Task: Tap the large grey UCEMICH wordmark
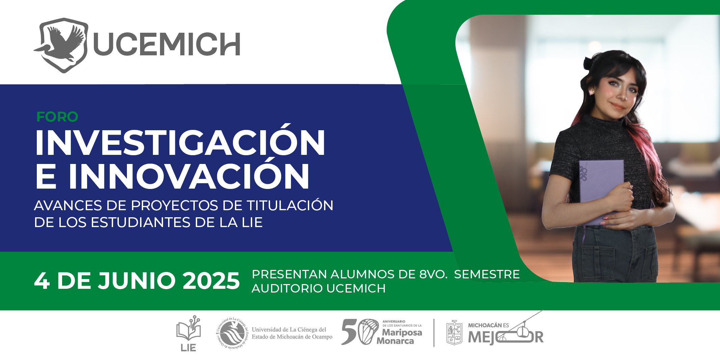pos(167,44)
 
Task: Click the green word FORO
pos(57,117)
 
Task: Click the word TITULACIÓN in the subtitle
pos(290,205)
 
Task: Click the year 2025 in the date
pos(211,281)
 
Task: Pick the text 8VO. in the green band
pos(433,274)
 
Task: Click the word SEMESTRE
pos(487,274)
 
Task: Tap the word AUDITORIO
pos(287,288)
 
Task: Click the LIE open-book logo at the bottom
pos(188,333)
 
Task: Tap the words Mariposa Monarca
pos(399,337)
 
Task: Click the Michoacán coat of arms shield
pos(454,333)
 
